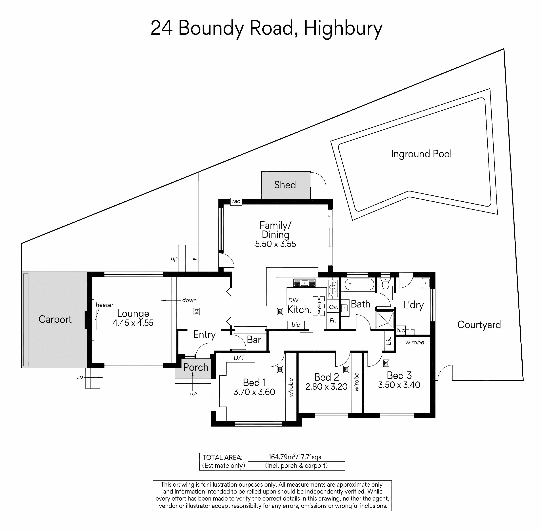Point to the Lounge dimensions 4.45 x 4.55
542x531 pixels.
pyautogui.click(x=133, y=323)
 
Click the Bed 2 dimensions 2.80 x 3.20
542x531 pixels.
pyautogui.click(x=326, y=387)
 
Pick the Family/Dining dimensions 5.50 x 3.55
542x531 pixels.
pyautogui.click(x=275, y=244)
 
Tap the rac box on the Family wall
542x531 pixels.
pyautogui.click(x=236, y=201)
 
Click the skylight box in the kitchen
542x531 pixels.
pyautogui.click(x=319, y=306)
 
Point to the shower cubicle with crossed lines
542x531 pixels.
pyautogui.click(x=385, y=320)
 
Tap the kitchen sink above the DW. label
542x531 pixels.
pyautogui.click(x=304, y=283)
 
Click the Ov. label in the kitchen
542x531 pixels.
pyautogui.click(x=333, y=307)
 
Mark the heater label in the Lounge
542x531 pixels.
pyautogui.click(x=105, y=305)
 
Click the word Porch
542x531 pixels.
pyautogui.click(x=196, y=367)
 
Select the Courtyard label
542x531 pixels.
pyautogui.click(x=479, y=325)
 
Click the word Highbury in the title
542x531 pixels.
pyautogui.click(x=343, y=29)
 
